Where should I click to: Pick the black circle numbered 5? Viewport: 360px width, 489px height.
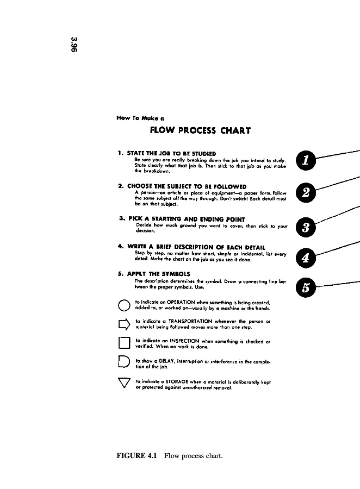pos(306,288)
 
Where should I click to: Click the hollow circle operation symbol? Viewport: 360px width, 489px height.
pos(123,304)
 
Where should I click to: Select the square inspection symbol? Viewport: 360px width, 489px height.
pos(123,343)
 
